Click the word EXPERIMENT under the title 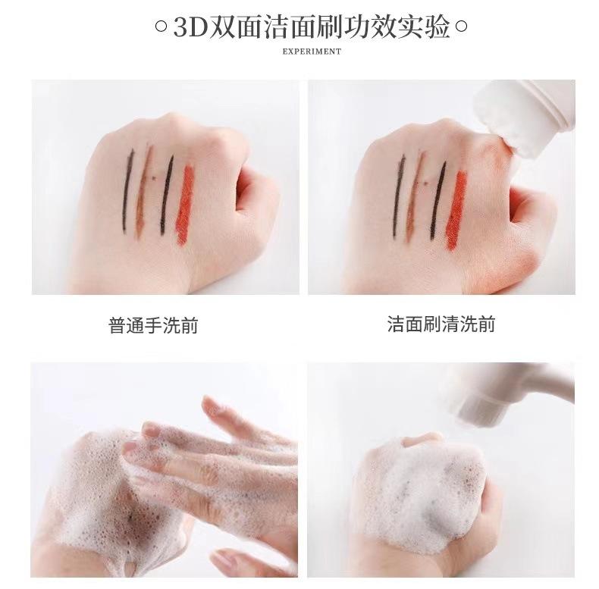(312, 52)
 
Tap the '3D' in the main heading (190, 27)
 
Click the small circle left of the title (162, 27)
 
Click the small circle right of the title (461, 27)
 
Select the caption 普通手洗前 (153, 325)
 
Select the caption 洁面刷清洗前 (441, 324)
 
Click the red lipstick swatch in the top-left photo (184, 205)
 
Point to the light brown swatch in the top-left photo (143, 192)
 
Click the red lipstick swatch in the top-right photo (456, 210)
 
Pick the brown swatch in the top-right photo (415, 198)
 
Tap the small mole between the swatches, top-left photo (154, 177)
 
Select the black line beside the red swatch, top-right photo (438, 201)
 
